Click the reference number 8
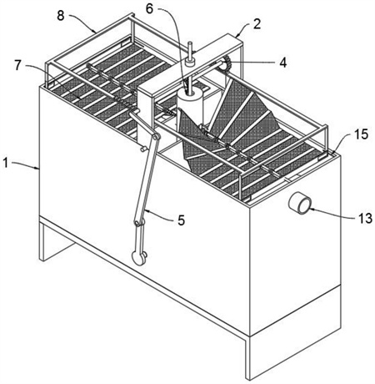click(61, 15)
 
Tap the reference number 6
click(149, 8)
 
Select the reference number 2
click(257, 24)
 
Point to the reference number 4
click(282, 63)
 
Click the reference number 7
click(18, 66)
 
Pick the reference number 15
click(361, 134)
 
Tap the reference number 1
click(6, 163)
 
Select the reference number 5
click(181, 220)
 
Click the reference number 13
click(365, 219)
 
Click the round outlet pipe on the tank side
click(300, 203)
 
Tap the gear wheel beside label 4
click(227, 63)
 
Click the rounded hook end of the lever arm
click(139, 258)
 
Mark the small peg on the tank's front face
click(143, 149)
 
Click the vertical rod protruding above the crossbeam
click(190, 51)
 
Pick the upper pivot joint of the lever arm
click(156, 137)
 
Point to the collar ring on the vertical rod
click(190, 63)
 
